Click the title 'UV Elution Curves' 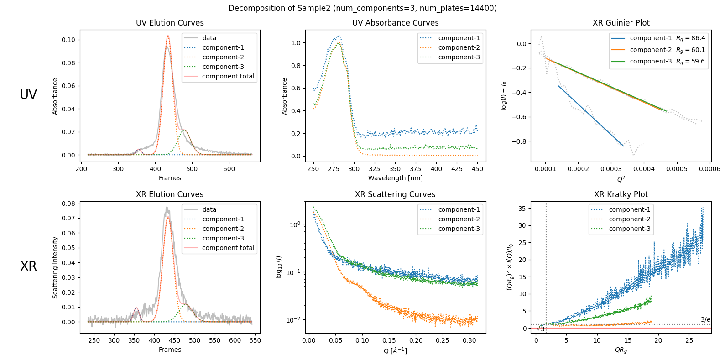pyautogui.click(x=170, y=23)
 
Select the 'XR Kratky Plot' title pyautogui.click(x=621, y=194)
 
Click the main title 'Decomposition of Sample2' pyautogui.click(x=362, y=8)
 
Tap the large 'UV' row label pyautogui.click(x=28, y=94)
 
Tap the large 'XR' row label pyautogui.click(x=28, y=266)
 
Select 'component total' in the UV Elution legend pyautogui.click(x=228, y=76)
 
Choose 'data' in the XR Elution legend pyautogui.click(x=209, y=209)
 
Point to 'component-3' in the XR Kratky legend pyautogui.click(x=630, y=229)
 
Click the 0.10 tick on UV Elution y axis pyautogui.click(x=68, y=40)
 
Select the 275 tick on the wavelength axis pyautogui.click(x=334, y=169)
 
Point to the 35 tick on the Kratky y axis pyautogui.click(x=522, y=209)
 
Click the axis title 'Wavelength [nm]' pyautogui.click(x=395, y=178)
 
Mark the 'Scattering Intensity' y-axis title pyautogui.click(x=55, y=267)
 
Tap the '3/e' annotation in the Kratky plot pyautogui.click(x=705, y=319)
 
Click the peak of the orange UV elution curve pyautogui.click(x=168, y=36)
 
